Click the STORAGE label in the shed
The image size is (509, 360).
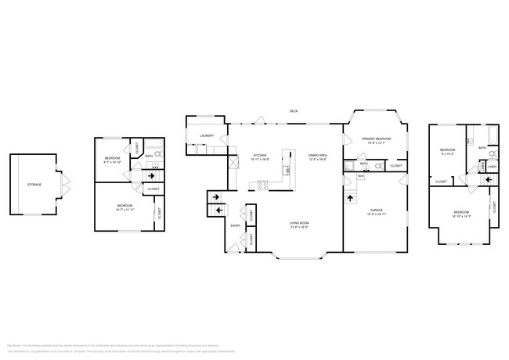[34, 185]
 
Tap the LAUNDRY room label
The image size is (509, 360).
[207, 136]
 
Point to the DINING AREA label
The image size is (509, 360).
[318, 155]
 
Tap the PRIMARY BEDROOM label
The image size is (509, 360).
[376, 139]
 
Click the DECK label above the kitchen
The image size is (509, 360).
[294, 111]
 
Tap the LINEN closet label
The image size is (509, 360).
[492, 166]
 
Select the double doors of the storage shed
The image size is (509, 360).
[66, 185]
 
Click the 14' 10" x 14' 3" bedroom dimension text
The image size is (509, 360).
[460, 215]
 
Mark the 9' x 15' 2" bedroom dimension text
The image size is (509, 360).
[447, 153]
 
